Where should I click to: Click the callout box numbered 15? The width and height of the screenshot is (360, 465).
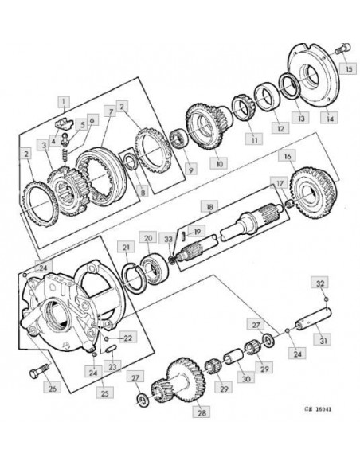click(348, 68)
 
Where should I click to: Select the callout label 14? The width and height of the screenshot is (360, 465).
click(330, 117)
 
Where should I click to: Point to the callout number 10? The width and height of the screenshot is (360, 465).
click(218, 162)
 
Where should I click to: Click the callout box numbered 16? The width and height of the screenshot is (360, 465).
click(287, 155)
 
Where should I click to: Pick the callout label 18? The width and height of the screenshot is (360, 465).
click(209, 207)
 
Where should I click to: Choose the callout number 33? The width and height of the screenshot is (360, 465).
click(168, 238)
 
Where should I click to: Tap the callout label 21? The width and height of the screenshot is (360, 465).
click(126, 247)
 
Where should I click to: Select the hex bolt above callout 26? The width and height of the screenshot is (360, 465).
click(39, 371)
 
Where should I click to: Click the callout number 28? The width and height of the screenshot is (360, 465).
click(201, 412)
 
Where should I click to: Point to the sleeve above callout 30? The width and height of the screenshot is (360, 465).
click(234, 358)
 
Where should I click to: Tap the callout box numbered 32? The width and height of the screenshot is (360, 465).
click(320, 283)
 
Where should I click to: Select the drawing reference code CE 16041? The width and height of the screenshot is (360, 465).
click(318, 409)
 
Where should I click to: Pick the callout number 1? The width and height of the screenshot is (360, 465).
click(64, 101)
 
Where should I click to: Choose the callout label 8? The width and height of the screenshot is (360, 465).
click(143, 192)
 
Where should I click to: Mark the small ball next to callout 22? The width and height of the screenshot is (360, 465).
click(107, 338)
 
